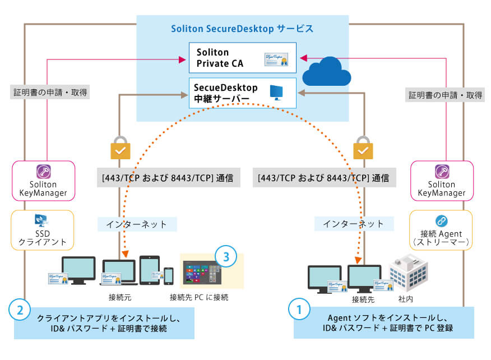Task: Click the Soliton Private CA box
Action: [243, 57]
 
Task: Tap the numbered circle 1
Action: [299, 309]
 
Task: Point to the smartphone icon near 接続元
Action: [169, 275]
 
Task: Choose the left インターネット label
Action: [137, 224]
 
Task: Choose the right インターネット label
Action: [354, 224]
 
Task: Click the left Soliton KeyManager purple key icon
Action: [43, 172]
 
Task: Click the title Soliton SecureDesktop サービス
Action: [241, 29]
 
